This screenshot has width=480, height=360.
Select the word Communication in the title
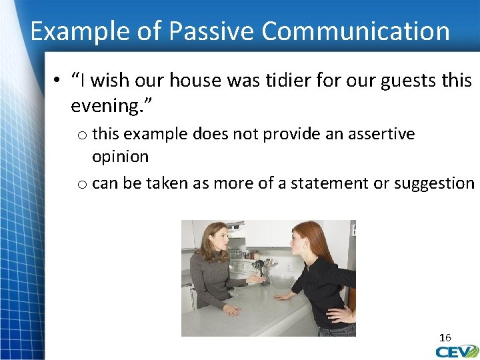click(x=356, y=31)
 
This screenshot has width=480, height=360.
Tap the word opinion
click(x=120, y=157)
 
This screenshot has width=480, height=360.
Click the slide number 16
click(x=445, y=338)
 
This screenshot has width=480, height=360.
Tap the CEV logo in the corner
click(x=457, y=351)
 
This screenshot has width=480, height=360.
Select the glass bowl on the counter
click(x=282, y=281)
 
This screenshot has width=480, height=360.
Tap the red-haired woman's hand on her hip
click(x=341, y=314)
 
